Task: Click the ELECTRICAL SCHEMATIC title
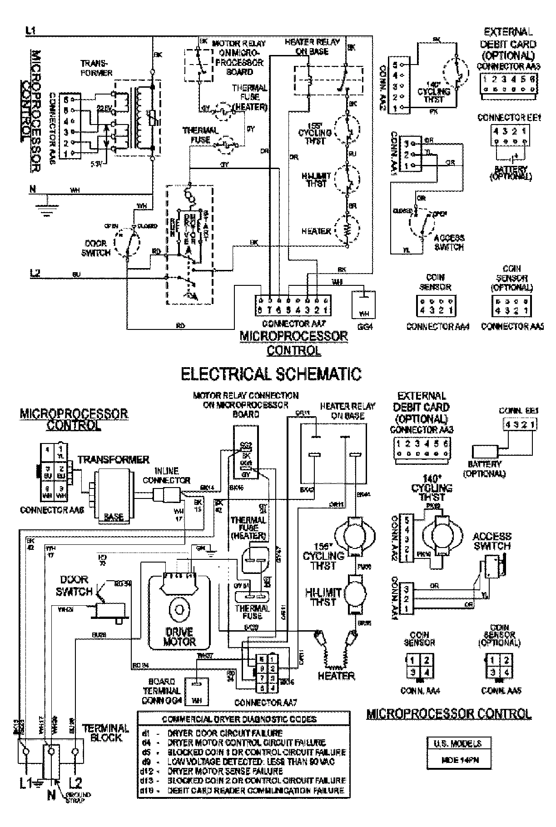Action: (271, 374)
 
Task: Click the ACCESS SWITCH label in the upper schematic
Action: (449, 243)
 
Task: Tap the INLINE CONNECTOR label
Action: (166, 475)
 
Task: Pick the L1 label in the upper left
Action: (31, 31)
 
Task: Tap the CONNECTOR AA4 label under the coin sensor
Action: (437, 326)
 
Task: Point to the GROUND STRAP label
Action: (78, 797)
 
